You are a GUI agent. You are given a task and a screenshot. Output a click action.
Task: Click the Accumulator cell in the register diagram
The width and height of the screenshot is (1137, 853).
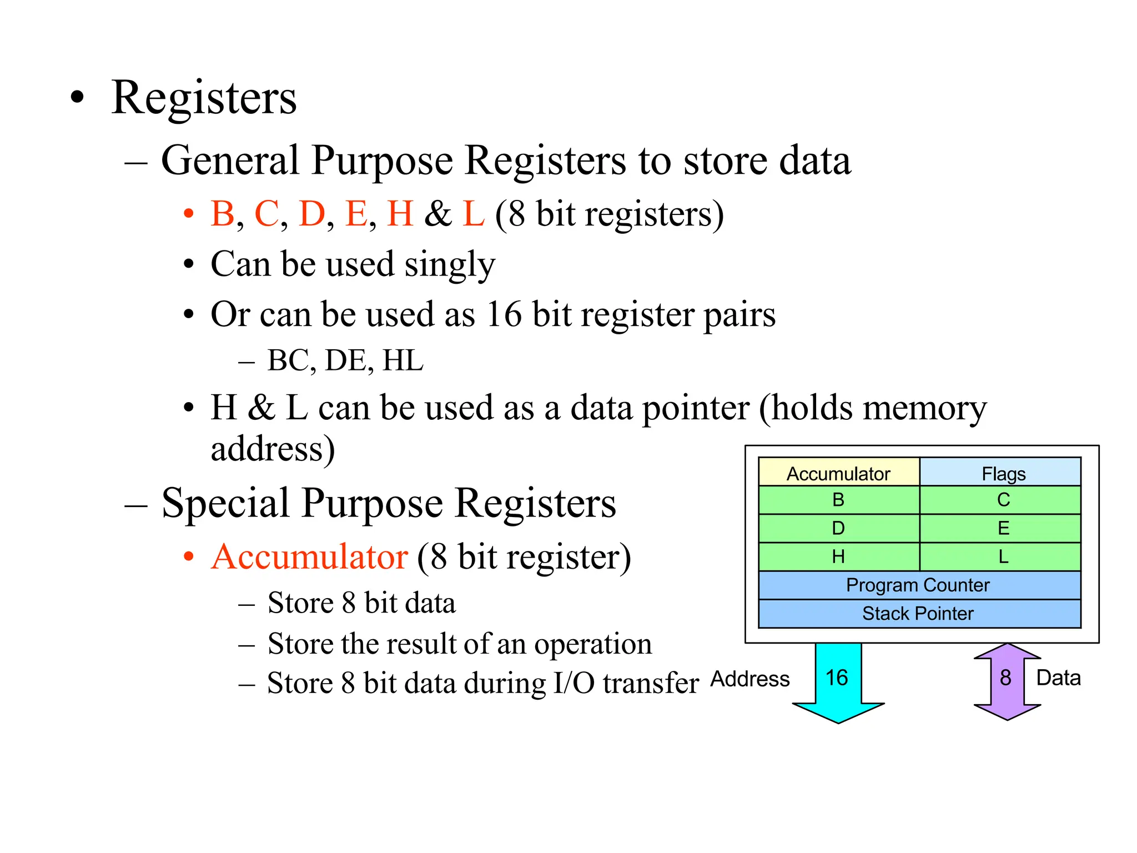pyautogui.click(x=838, y=473)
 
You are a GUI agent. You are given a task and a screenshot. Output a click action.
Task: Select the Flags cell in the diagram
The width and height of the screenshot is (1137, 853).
pyautogui.click(x=1003, y=473)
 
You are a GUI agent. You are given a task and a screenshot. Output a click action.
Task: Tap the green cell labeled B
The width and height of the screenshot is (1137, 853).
pyautogui.click(x=838, y=500)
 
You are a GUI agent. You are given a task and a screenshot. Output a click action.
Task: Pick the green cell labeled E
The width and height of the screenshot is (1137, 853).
pyautogui.click(x=1003, y=528)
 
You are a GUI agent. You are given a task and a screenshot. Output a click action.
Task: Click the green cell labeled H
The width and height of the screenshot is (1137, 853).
pyautogui.click(x=838, y=556)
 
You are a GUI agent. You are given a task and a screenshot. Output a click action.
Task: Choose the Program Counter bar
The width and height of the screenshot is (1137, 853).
pyautogui.click(x=919, y=585)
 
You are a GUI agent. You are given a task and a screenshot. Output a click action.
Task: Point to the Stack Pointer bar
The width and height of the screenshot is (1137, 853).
pyautogui.click(x=919, y=614)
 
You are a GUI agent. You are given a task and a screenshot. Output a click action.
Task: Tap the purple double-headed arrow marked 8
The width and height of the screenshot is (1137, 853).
pyautogui.click(x=1007, y=681)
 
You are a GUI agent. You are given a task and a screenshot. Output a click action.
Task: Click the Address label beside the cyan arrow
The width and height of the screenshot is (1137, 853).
pyautogui.click(x=749, y=679)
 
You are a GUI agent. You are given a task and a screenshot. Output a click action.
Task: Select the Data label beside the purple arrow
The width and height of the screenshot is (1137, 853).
pyautogui.click(x=1058, y=678)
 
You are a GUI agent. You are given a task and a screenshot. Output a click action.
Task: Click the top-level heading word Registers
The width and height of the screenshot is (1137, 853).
pyautogui.click(x=204, y=98)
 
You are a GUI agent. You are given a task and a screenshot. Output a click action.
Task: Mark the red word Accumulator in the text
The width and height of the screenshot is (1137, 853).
pyautogui.click(x=310, y=557)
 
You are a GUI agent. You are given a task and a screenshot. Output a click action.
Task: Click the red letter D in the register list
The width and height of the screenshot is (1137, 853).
pyautogui.click(x=311, y=214)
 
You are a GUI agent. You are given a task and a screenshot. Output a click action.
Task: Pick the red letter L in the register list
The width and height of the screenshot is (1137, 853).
pyautogui.click(x=473, y=214)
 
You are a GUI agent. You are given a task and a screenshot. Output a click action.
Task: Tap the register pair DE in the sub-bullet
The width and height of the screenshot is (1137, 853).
pyautogui.click(x=345, y=361)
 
